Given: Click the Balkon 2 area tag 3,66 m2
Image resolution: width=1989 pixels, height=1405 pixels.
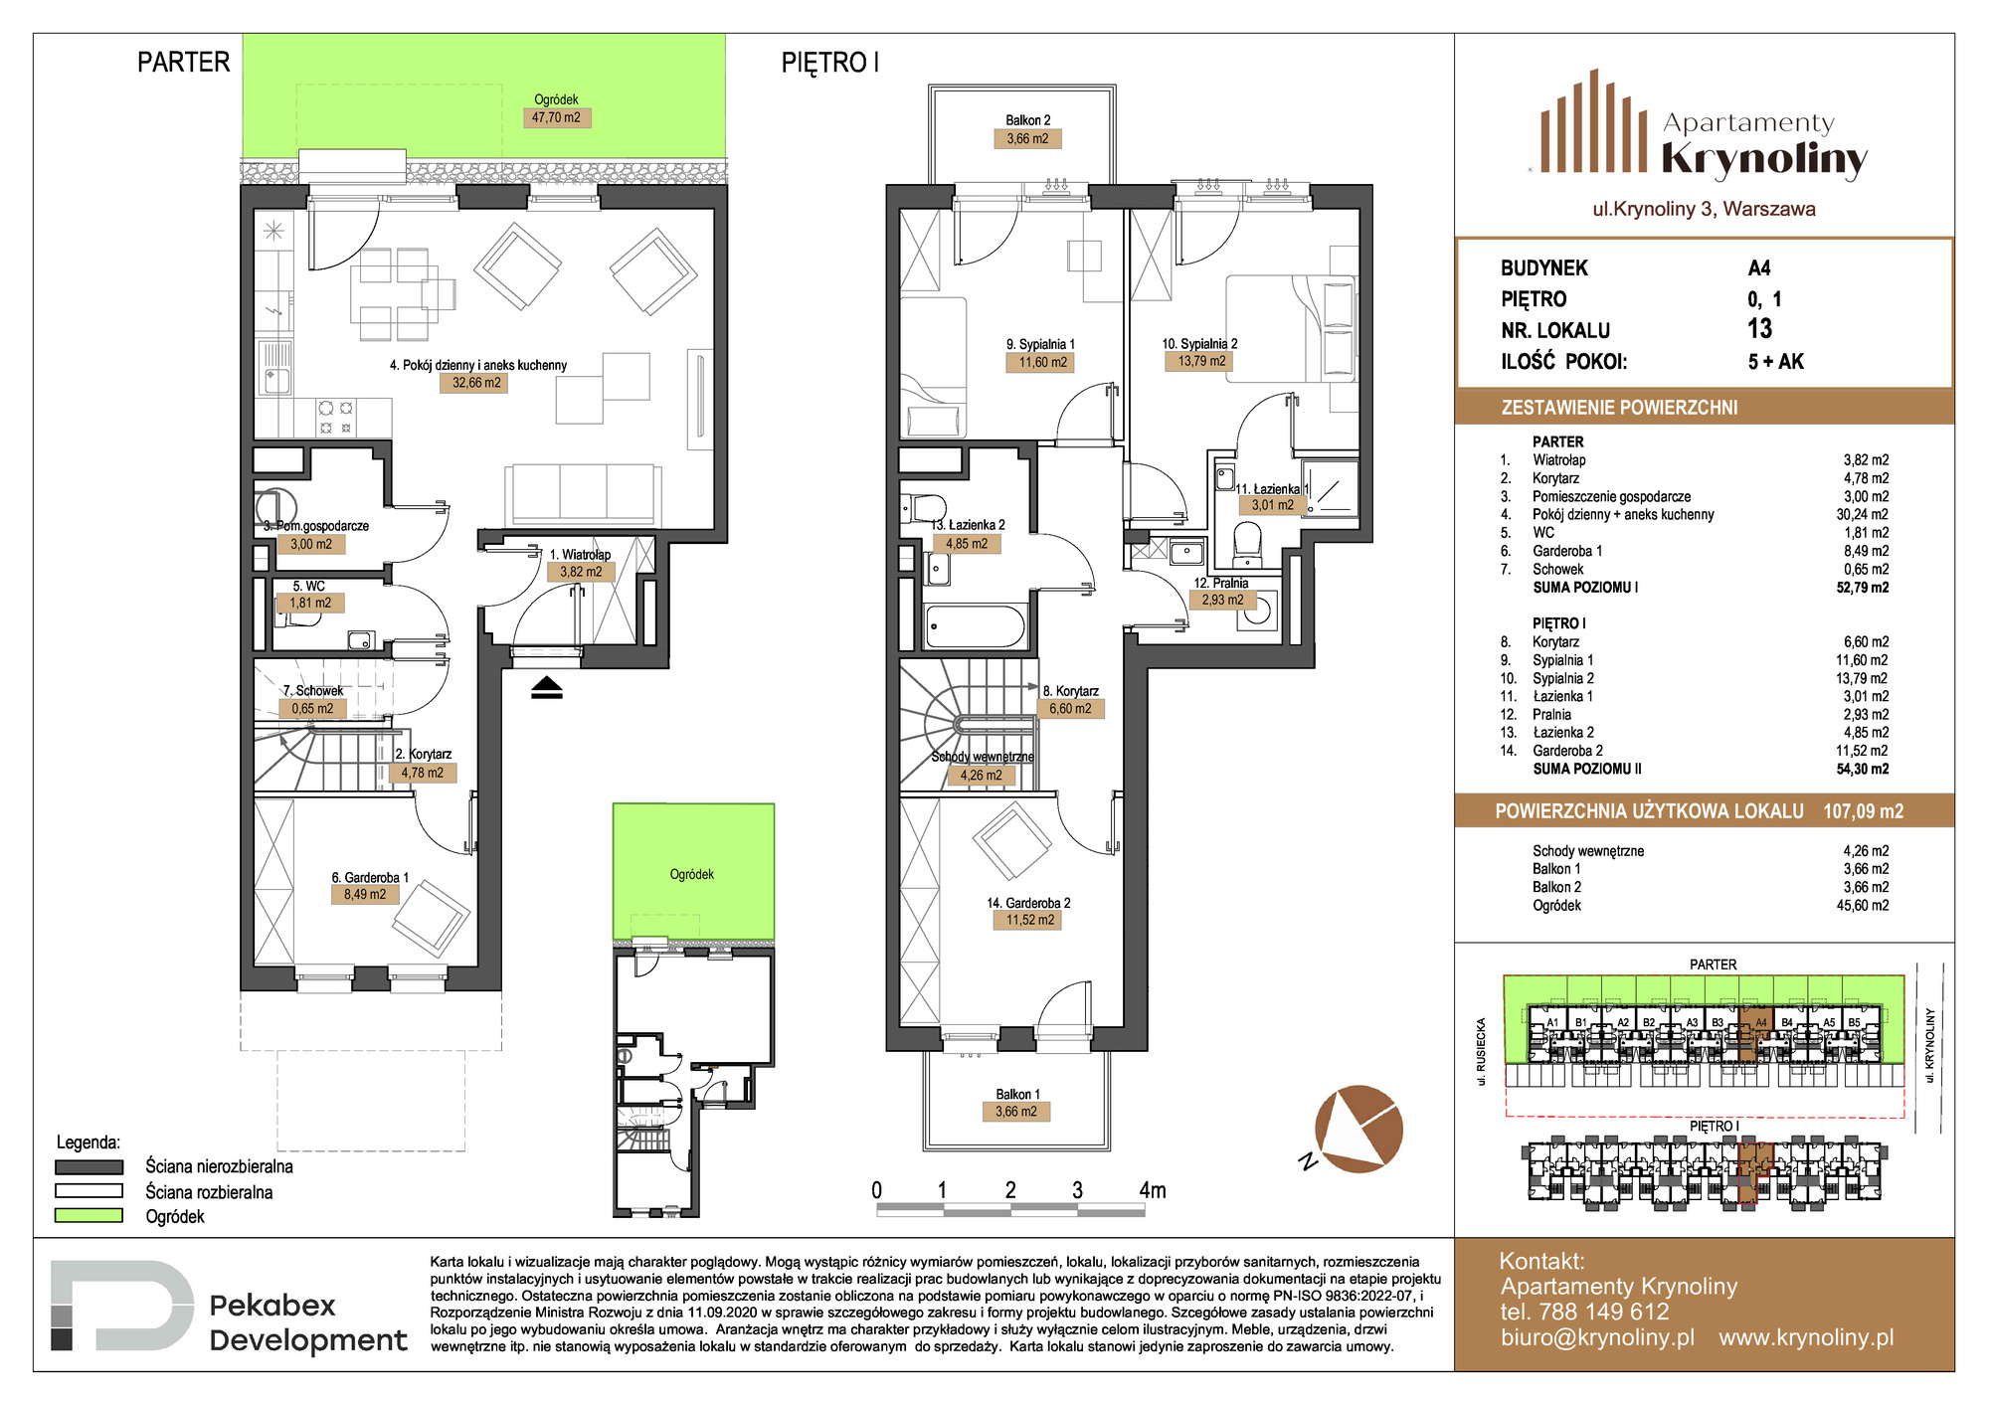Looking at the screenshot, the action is click(x=1027, y=139).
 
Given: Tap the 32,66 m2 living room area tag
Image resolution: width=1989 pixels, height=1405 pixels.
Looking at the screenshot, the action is click(x=476, y=383).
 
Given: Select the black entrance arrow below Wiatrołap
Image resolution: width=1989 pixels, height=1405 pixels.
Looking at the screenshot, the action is click(x=547, y=687).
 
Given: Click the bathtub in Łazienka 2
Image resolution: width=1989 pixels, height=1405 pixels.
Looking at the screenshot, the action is click(x=975, y=626).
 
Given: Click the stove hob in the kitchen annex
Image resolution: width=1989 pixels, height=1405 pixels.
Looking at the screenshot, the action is click(x=335, y=417).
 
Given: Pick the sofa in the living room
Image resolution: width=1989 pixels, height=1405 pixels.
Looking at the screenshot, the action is click(x=583, y=492).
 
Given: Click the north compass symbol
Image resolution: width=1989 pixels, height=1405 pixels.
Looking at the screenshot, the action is click(x=1357, y=1130).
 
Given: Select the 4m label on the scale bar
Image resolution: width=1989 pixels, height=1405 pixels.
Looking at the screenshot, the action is click(x=1153, y=1190).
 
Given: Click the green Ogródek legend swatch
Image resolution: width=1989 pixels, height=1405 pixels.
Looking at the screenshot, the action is click(x=90, y=1215).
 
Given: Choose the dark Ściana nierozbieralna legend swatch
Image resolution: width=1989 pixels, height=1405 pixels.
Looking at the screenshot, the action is click(x=90, y=1166).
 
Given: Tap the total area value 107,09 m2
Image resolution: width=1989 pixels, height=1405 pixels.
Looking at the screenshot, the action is click(x=1863, y=811).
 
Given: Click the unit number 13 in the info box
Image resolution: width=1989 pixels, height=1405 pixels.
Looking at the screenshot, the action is click(x=1760, y=329).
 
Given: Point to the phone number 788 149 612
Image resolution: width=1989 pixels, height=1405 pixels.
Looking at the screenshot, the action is click(x=1603, y=1312).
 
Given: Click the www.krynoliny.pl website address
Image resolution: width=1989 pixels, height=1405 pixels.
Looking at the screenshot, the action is click(x=1806, y=1337).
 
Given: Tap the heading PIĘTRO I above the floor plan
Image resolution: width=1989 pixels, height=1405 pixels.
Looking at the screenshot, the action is click(x=829, y=63).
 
